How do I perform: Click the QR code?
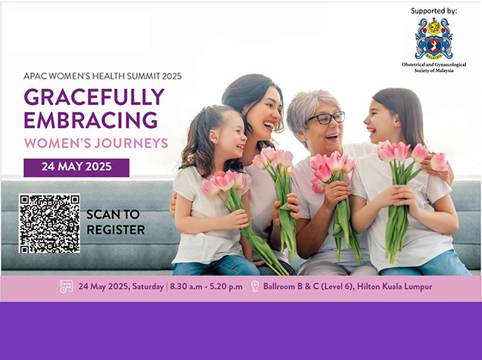point(49,223)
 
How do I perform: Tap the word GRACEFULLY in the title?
point(94,97)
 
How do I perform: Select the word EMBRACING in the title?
point(91,119)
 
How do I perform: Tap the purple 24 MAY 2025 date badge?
point(76,167)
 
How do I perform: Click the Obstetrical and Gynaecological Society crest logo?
point(434,39)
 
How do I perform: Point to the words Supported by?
point(434,11)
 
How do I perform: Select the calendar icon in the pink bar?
point(67,287)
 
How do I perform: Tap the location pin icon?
point(255,287)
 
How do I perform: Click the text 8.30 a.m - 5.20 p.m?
point(206,287)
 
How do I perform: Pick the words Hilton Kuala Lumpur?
point(394,287)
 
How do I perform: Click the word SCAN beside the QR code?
point(113,214)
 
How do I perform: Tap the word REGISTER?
point(116,230)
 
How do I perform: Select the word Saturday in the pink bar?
point(148,287)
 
